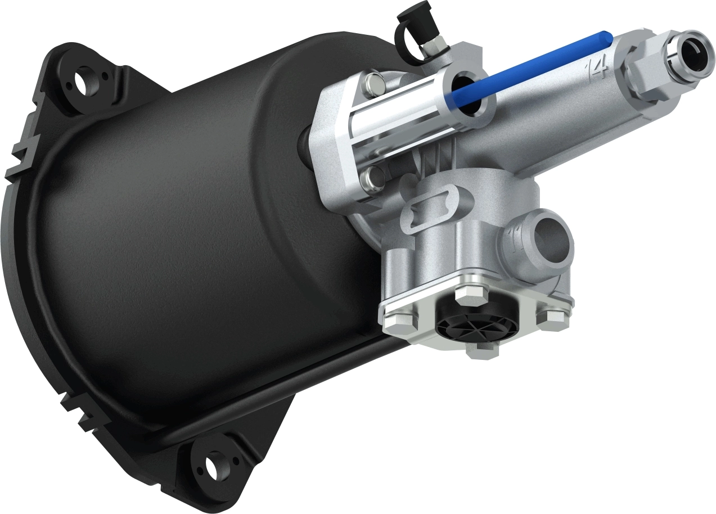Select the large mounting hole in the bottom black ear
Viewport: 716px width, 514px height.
(214, 466)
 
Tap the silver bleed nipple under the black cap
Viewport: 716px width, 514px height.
(431, 49)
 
